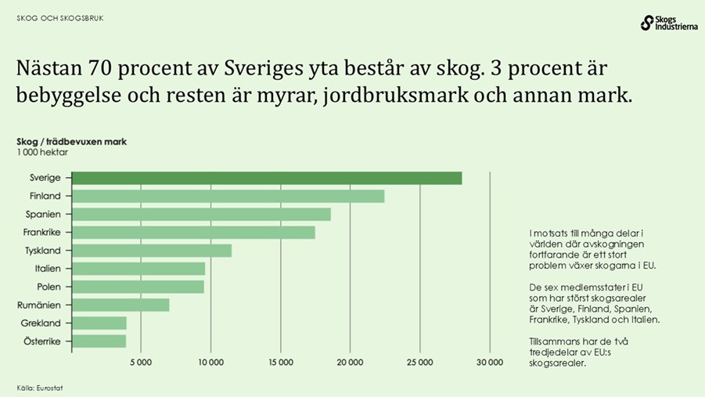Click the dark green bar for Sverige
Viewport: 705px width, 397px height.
click(x=266, y=178)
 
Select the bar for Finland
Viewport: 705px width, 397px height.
click(x=228, y=196)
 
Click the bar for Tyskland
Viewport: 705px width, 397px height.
click(x=152, y=251)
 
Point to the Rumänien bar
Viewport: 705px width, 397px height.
click(x=120, y=305)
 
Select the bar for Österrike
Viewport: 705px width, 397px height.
click(x=99, y=341)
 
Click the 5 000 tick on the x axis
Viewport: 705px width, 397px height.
click(x=141, y=362)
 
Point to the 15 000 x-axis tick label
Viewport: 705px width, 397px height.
click(x=280, y=362)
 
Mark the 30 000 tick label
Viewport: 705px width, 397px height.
click(x=489, y=362)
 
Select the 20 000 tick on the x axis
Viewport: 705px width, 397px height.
click(x=350, y=362)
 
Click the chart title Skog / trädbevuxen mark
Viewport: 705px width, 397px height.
click(x=71, y=142)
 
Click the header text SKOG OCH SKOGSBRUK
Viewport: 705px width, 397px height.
click(x=60, y=18)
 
